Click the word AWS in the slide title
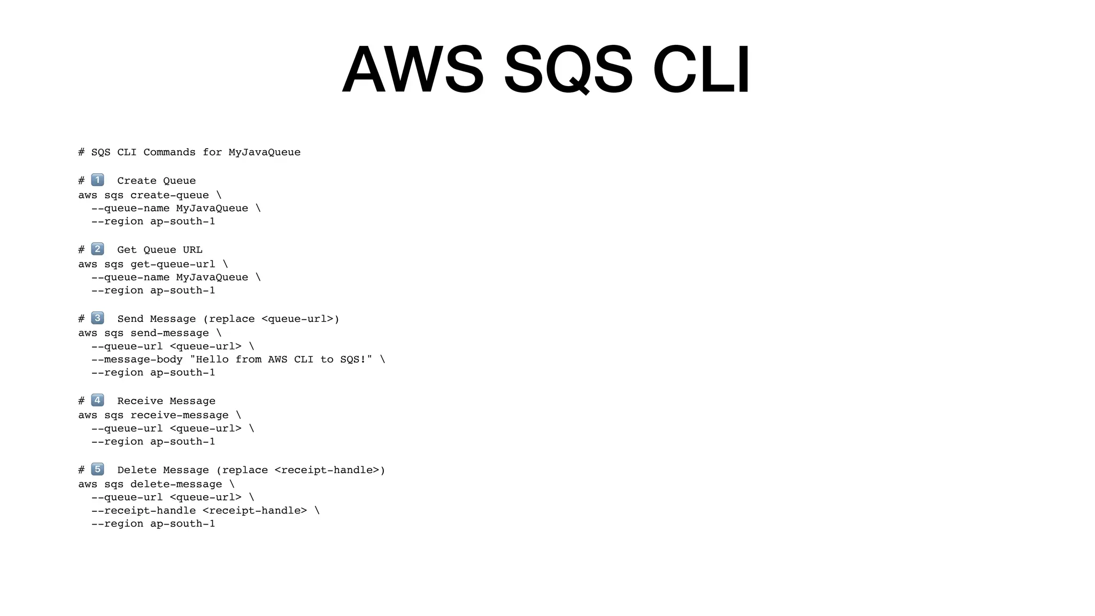[413, 70]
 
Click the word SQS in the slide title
[568, 70]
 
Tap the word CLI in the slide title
[701, 70]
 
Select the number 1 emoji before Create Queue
[97, 180]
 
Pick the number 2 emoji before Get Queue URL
[97, 249]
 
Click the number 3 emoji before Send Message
[97, 318]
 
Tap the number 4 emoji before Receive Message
[97, 400]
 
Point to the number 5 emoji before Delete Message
[97, 469]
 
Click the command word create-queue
[169, 195]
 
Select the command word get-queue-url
[173, 264]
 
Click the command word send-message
[169, 333]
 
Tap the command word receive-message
[179, 415]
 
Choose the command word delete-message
[176, 484]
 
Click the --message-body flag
[137, 359]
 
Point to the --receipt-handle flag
[143, 510]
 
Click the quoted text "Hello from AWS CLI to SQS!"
[281, 359]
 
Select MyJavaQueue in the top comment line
[264, 152]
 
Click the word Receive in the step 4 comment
[140, 401]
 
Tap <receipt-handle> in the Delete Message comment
[326, 470]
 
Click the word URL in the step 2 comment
[192, 250]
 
